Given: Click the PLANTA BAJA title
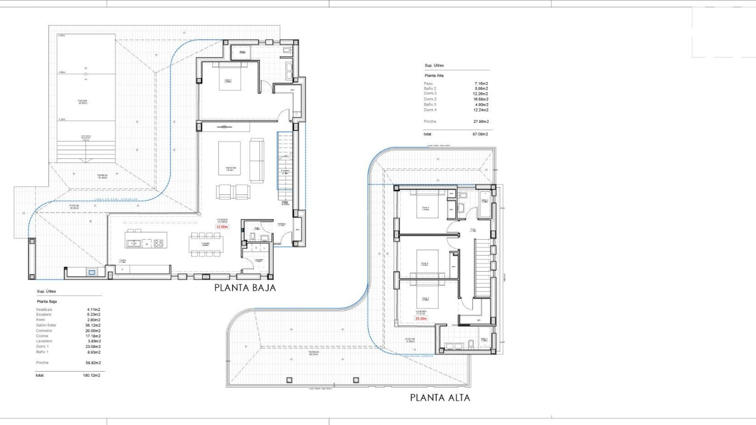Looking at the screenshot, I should tap(245, 288).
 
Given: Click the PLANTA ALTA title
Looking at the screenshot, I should tap(440, 397).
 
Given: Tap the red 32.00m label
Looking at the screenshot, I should tap(222, 227).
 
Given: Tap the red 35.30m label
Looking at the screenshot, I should tap(421, 318).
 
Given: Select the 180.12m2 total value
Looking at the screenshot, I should tap(92, 375).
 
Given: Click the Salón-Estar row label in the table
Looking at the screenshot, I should tap(46, 325).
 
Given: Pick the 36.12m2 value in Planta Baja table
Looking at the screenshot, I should tap(93, 325).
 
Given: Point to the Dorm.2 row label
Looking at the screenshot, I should tap(430, 99).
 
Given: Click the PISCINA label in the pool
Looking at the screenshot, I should tap(83, 102).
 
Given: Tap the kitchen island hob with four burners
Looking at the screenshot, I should tap(158, 244).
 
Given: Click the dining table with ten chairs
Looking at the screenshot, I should tap(206, 244).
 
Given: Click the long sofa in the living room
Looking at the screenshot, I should tap(257, 160).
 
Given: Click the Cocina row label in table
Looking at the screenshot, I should tap(42, 336).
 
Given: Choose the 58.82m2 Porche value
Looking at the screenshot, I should tap(93, 363).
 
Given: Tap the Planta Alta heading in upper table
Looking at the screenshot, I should tap(434, 76).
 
